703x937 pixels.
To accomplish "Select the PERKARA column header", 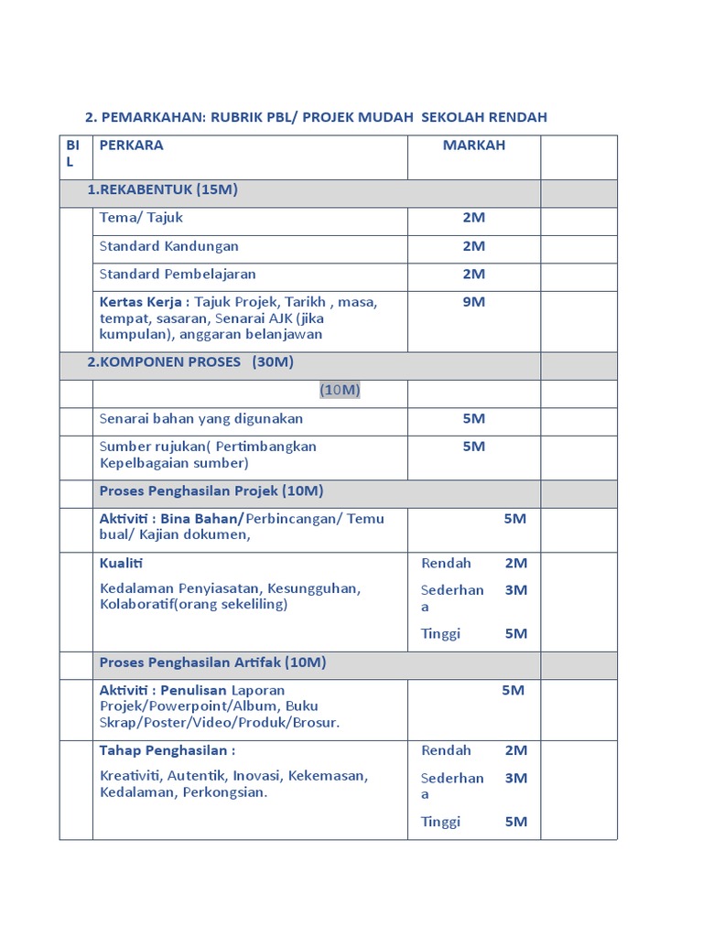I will coord(132,145).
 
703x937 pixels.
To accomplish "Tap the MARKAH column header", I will coord(473,145).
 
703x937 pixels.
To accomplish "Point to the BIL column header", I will coord(73,153).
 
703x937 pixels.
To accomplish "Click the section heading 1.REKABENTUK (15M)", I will coord(162,189).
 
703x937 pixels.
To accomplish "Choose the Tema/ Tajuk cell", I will coord(141,218).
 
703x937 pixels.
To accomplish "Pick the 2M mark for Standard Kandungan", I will coord(473,246).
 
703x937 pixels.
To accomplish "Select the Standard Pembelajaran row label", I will coord(178,274).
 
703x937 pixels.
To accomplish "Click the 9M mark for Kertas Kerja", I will coord(473,301).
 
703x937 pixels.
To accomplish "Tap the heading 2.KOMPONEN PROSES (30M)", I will coord(190,361).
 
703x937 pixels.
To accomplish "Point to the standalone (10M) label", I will coord(340,390).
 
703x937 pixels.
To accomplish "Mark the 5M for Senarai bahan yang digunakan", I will coord(473,418).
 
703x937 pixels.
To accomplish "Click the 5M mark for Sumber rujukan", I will coord(473,447).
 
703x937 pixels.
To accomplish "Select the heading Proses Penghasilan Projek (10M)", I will coord(211,491).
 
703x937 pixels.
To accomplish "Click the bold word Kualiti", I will coord(122,563).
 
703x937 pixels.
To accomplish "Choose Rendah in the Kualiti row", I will coord(446,563).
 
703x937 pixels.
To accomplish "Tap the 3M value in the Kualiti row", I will coord(516,590).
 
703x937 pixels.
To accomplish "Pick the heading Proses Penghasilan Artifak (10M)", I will coord(213,662).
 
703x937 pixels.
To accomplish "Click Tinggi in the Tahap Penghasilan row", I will coord(440,822).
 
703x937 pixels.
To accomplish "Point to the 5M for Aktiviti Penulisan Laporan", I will coord(513,690).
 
